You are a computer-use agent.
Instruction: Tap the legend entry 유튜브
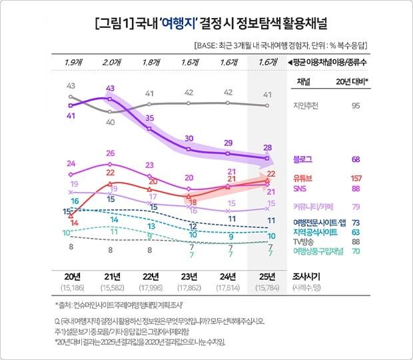[x=304, y=179]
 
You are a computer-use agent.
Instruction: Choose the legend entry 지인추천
[x=307, y=105]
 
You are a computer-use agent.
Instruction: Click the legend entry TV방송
[x=306, y=241]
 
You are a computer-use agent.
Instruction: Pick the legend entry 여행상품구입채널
[x=318, y=251]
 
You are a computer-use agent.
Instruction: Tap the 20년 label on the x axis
[x=70, y=275]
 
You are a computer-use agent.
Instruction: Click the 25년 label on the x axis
[x=268, y=275]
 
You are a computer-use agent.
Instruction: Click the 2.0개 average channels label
[x=111, y=62]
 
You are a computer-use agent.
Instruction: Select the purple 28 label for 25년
[x=268, y=147]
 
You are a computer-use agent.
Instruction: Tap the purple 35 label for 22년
[x=150, y=118]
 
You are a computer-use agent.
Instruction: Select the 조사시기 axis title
[x=308, y=275]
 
